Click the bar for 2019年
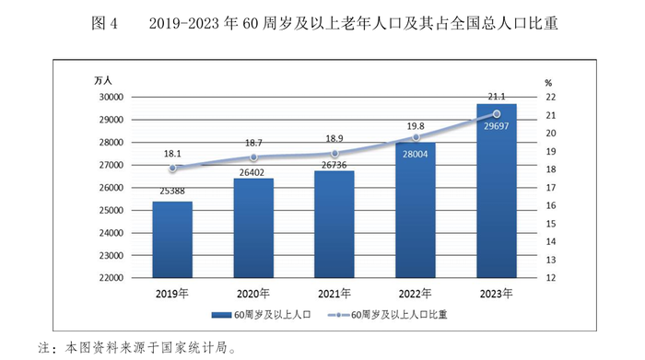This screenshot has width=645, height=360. pos(172,239)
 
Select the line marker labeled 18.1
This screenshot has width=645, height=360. pos(172,168)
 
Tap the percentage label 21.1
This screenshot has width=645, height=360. pos(497,97)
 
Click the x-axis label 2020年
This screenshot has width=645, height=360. pos(253,293)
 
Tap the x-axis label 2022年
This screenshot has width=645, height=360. pos(416,293)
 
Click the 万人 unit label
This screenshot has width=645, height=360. pos(103,82)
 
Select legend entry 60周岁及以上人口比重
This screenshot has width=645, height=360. pos(406,315)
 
